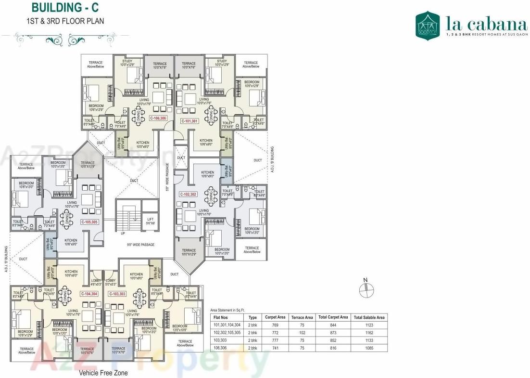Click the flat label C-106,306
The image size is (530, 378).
tap(158, 118)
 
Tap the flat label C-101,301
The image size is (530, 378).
tap(189, 121)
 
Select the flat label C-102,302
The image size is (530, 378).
tap(188, 195)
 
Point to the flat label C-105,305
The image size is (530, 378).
tap(90, 222)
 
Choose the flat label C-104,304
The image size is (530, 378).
tap(89, 293)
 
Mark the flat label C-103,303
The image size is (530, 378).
tap(117, 293)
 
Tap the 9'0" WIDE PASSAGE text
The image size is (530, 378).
tap(141, 245)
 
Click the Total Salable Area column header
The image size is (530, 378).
tap(369, 317)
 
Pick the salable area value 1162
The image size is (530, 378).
tap(369, 333)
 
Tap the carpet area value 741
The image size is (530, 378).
tap(276, 347)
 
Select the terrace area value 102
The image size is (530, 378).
tap(302, 333)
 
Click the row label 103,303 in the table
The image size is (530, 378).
tap(222, 340)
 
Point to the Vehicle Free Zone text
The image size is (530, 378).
tap(103, 373)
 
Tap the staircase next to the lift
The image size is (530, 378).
tap(127, 218)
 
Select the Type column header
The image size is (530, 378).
tap(252, 317)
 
